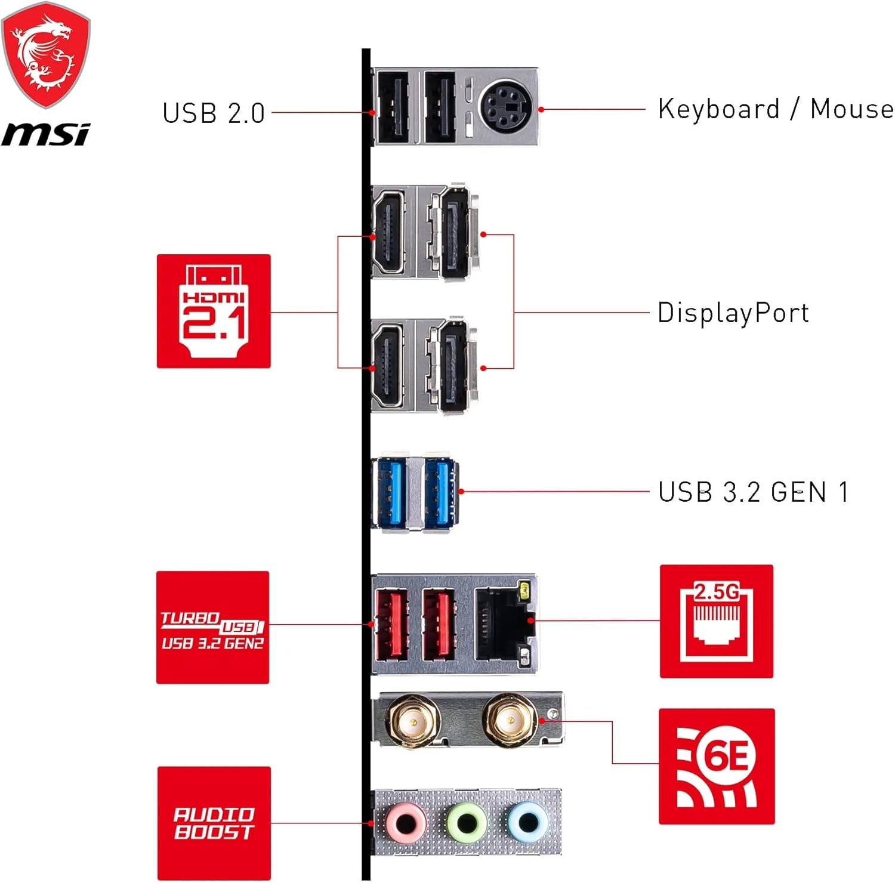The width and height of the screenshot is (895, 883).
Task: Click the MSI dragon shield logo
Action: tap(45, 55)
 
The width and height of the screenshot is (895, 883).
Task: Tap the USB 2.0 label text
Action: tap(213, 113)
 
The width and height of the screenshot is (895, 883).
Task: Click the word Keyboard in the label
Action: tap(718, 109)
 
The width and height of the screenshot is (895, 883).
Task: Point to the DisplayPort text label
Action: tap(733, 313)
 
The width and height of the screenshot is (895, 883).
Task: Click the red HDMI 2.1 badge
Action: tap(214, 311)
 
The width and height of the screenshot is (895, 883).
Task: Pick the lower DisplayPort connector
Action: tap(454, 366)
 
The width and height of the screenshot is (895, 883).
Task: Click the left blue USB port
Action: tap(389, 493)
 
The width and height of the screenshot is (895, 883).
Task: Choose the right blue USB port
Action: tap(440, 493)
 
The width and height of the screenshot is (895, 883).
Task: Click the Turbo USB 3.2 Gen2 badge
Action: tap(212, 627)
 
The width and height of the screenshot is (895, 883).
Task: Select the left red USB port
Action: tap(391, 625)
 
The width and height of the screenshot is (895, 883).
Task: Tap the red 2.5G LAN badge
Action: tap(716, 621)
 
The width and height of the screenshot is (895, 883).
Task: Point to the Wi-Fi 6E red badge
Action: tap(716, 766)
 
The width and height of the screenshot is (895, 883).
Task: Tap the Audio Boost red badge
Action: tap(214, 823)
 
